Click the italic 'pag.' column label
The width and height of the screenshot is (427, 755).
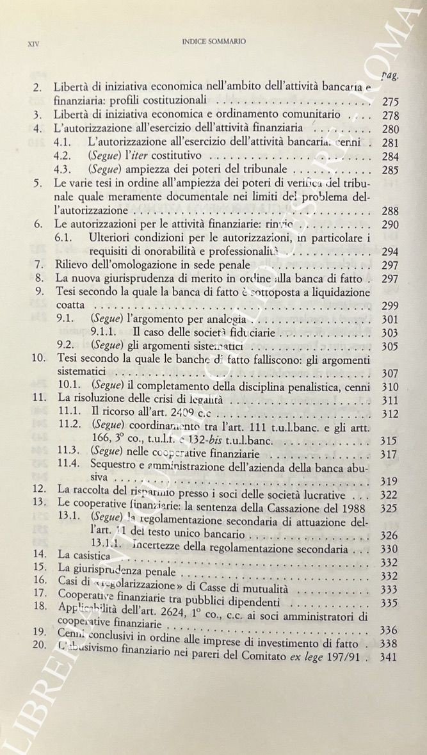pos(389,75)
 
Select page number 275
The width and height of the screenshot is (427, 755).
pos(389,101)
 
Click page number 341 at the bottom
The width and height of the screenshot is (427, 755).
pos(389,657)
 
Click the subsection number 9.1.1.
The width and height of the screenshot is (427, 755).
pos(106,332)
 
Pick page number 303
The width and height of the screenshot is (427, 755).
pos(389,333)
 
